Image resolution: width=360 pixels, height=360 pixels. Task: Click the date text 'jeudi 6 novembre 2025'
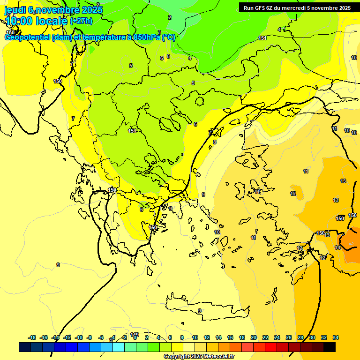pos(53,10)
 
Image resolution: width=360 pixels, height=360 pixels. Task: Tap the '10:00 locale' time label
pos(37,21)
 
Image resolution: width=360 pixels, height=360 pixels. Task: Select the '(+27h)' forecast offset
pos(81,21)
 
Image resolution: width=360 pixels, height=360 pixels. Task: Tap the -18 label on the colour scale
pos(32,337)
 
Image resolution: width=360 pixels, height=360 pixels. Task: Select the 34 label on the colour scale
pos(336,337)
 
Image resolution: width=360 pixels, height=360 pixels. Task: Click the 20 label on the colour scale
pos(254,337)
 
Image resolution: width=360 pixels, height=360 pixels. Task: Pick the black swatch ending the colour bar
pos(330,347)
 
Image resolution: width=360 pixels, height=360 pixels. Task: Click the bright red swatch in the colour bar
pos(271,347)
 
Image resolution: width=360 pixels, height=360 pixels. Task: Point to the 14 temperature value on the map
pos(337,247)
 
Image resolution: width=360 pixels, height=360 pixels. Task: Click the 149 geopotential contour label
pos(135,335)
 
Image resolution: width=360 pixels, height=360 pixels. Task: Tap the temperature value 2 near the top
pos(170,17)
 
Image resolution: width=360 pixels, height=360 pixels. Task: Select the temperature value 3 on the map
pos(159,32)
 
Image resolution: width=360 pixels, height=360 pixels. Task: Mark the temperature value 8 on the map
pos(215,142)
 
